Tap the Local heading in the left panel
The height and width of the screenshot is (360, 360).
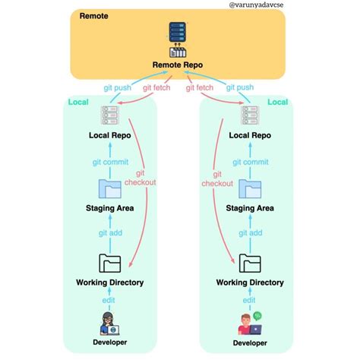pos(79,103)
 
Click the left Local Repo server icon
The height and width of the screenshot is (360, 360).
pos(110,115)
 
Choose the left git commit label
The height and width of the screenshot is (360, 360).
pos(110,161)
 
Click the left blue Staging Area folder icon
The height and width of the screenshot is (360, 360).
pos(110,189)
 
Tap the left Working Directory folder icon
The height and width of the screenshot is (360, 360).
pos(110,263)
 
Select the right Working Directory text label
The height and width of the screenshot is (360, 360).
pos(250,283)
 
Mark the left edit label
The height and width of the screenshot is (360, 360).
pos(110,301)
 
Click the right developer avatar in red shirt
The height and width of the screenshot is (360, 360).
pos(248,324)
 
